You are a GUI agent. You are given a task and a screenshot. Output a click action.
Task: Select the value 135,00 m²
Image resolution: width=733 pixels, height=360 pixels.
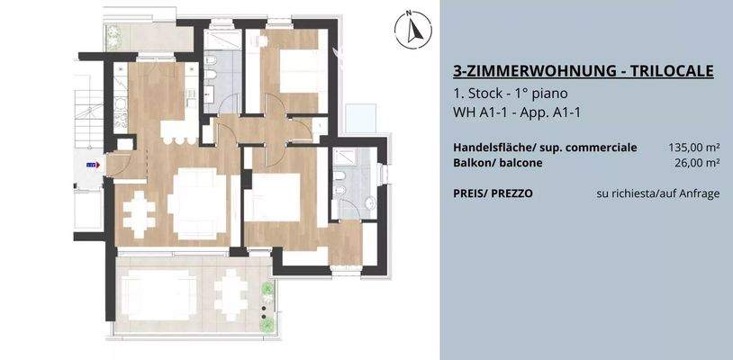693,147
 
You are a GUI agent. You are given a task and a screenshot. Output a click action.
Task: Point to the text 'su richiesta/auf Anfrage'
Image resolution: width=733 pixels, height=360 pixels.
658,193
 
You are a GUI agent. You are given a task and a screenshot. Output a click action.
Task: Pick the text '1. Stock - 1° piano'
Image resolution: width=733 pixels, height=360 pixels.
510,94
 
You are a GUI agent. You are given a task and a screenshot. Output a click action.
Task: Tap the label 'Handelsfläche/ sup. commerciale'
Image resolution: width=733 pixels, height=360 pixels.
545,147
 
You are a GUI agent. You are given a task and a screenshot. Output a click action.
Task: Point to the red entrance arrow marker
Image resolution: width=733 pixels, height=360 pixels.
90,166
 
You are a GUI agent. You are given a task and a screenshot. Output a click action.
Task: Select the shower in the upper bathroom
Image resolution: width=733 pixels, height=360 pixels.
219,44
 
